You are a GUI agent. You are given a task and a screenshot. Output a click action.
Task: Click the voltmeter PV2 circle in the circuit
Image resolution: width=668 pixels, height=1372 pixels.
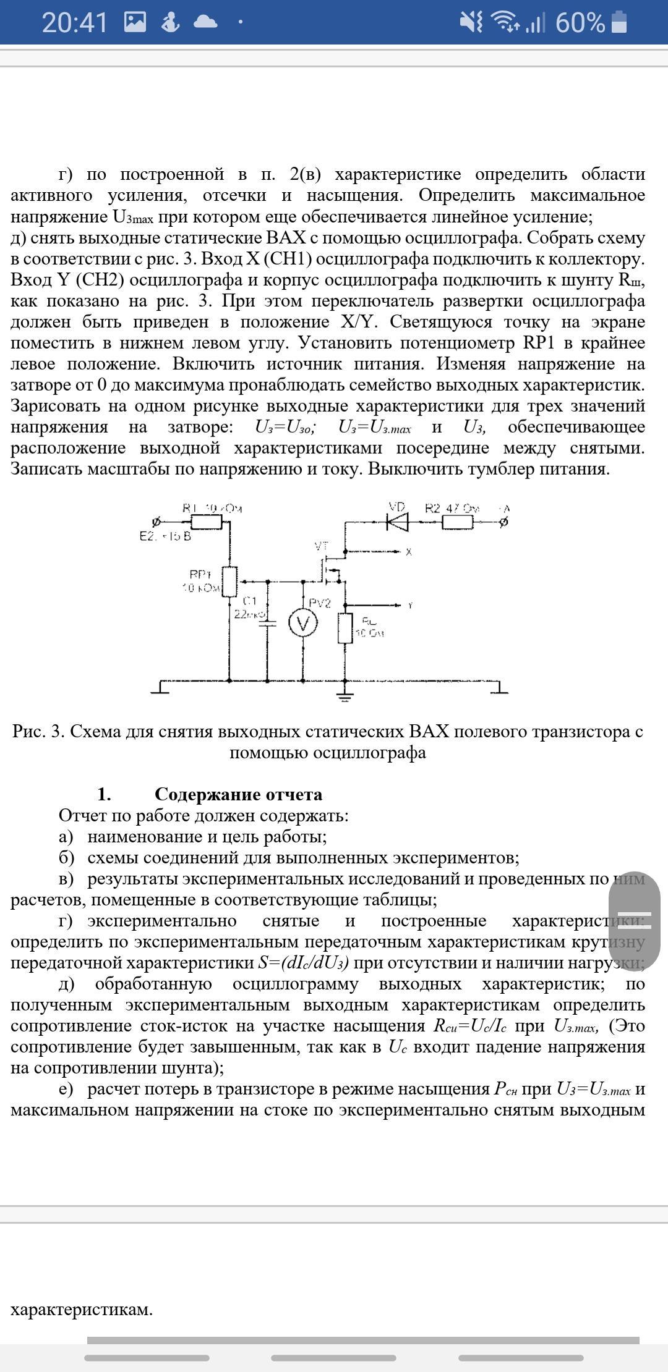pos(303,624)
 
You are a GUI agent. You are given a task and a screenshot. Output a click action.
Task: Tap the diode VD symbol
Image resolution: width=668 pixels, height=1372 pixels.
pos(397,522)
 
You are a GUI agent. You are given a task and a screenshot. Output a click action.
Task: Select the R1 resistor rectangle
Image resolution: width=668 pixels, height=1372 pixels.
pos(206,522)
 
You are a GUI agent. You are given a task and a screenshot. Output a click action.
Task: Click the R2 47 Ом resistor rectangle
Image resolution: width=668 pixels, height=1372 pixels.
pos(458,522)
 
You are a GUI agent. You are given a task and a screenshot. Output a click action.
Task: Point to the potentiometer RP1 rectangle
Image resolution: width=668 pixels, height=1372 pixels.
pos(229,582)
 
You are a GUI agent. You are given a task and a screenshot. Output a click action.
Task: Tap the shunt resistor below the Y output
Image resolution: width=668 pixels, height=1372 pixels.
pos(345,629)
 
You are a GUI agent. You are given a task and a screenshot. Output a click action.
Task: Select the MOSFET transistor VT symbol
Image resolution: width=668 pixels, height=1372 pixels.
pos(330,572)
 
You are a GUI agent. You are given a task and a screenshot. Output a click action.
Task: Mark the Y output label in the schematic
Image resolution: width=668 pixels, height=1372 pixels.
pos(409,606)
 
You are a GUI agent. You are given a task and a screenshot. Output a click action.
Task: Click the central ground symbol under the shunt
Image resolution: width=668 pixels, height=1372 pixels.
pos(345,695)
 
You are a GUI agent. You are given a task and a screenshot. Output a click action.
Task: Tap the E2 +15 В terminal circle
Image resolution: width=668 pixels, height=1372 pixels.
pos(156,522)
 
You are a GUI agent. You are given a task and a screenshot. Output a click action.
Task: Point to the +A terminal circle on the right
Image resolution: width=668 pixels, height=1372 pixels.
pos(503,522)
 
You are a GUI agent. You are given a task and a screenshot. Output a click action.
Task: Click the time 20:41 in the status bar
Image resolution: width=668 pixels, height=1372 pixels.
pos(74,23)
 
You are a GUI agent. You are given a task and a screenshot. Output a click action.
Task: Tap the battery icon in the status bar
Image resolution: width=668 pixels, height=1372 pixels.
pos(619,22)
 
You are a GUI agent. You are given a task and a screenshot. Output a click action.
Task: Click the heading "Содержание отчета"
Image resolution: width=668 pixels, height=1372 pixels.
pos(238,794)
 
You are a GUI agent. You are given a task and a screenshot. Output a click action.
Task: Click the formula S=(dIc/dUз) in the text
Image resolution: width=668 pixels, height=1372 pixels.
pos(303,963)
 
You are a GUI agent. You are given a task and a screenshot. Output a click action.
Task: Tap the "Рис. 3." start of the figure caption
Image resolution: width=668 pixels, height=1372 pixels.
pos(38,732)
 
